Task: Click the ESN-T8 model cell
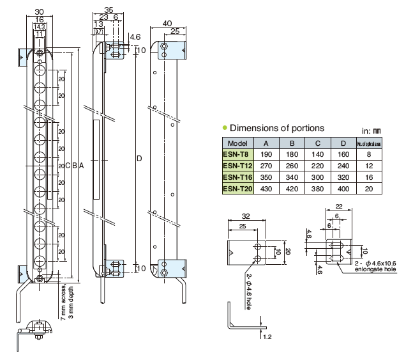(237, 154)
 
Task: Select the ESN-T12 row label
(237, 166)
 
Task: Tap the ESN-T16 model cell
(237, 177)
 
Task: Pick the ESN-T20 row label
(237, 189)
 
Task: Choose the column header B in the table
(292, 143)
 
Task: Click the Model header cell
(237, 143)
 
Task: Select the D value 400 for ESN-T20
(343, 189)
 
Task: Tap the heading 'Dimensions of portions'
(276, 128)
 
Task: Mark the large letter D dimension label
(139, 157)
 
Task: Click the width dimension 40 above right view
(168, 24)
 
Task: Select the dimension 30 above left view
(40, 11)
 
